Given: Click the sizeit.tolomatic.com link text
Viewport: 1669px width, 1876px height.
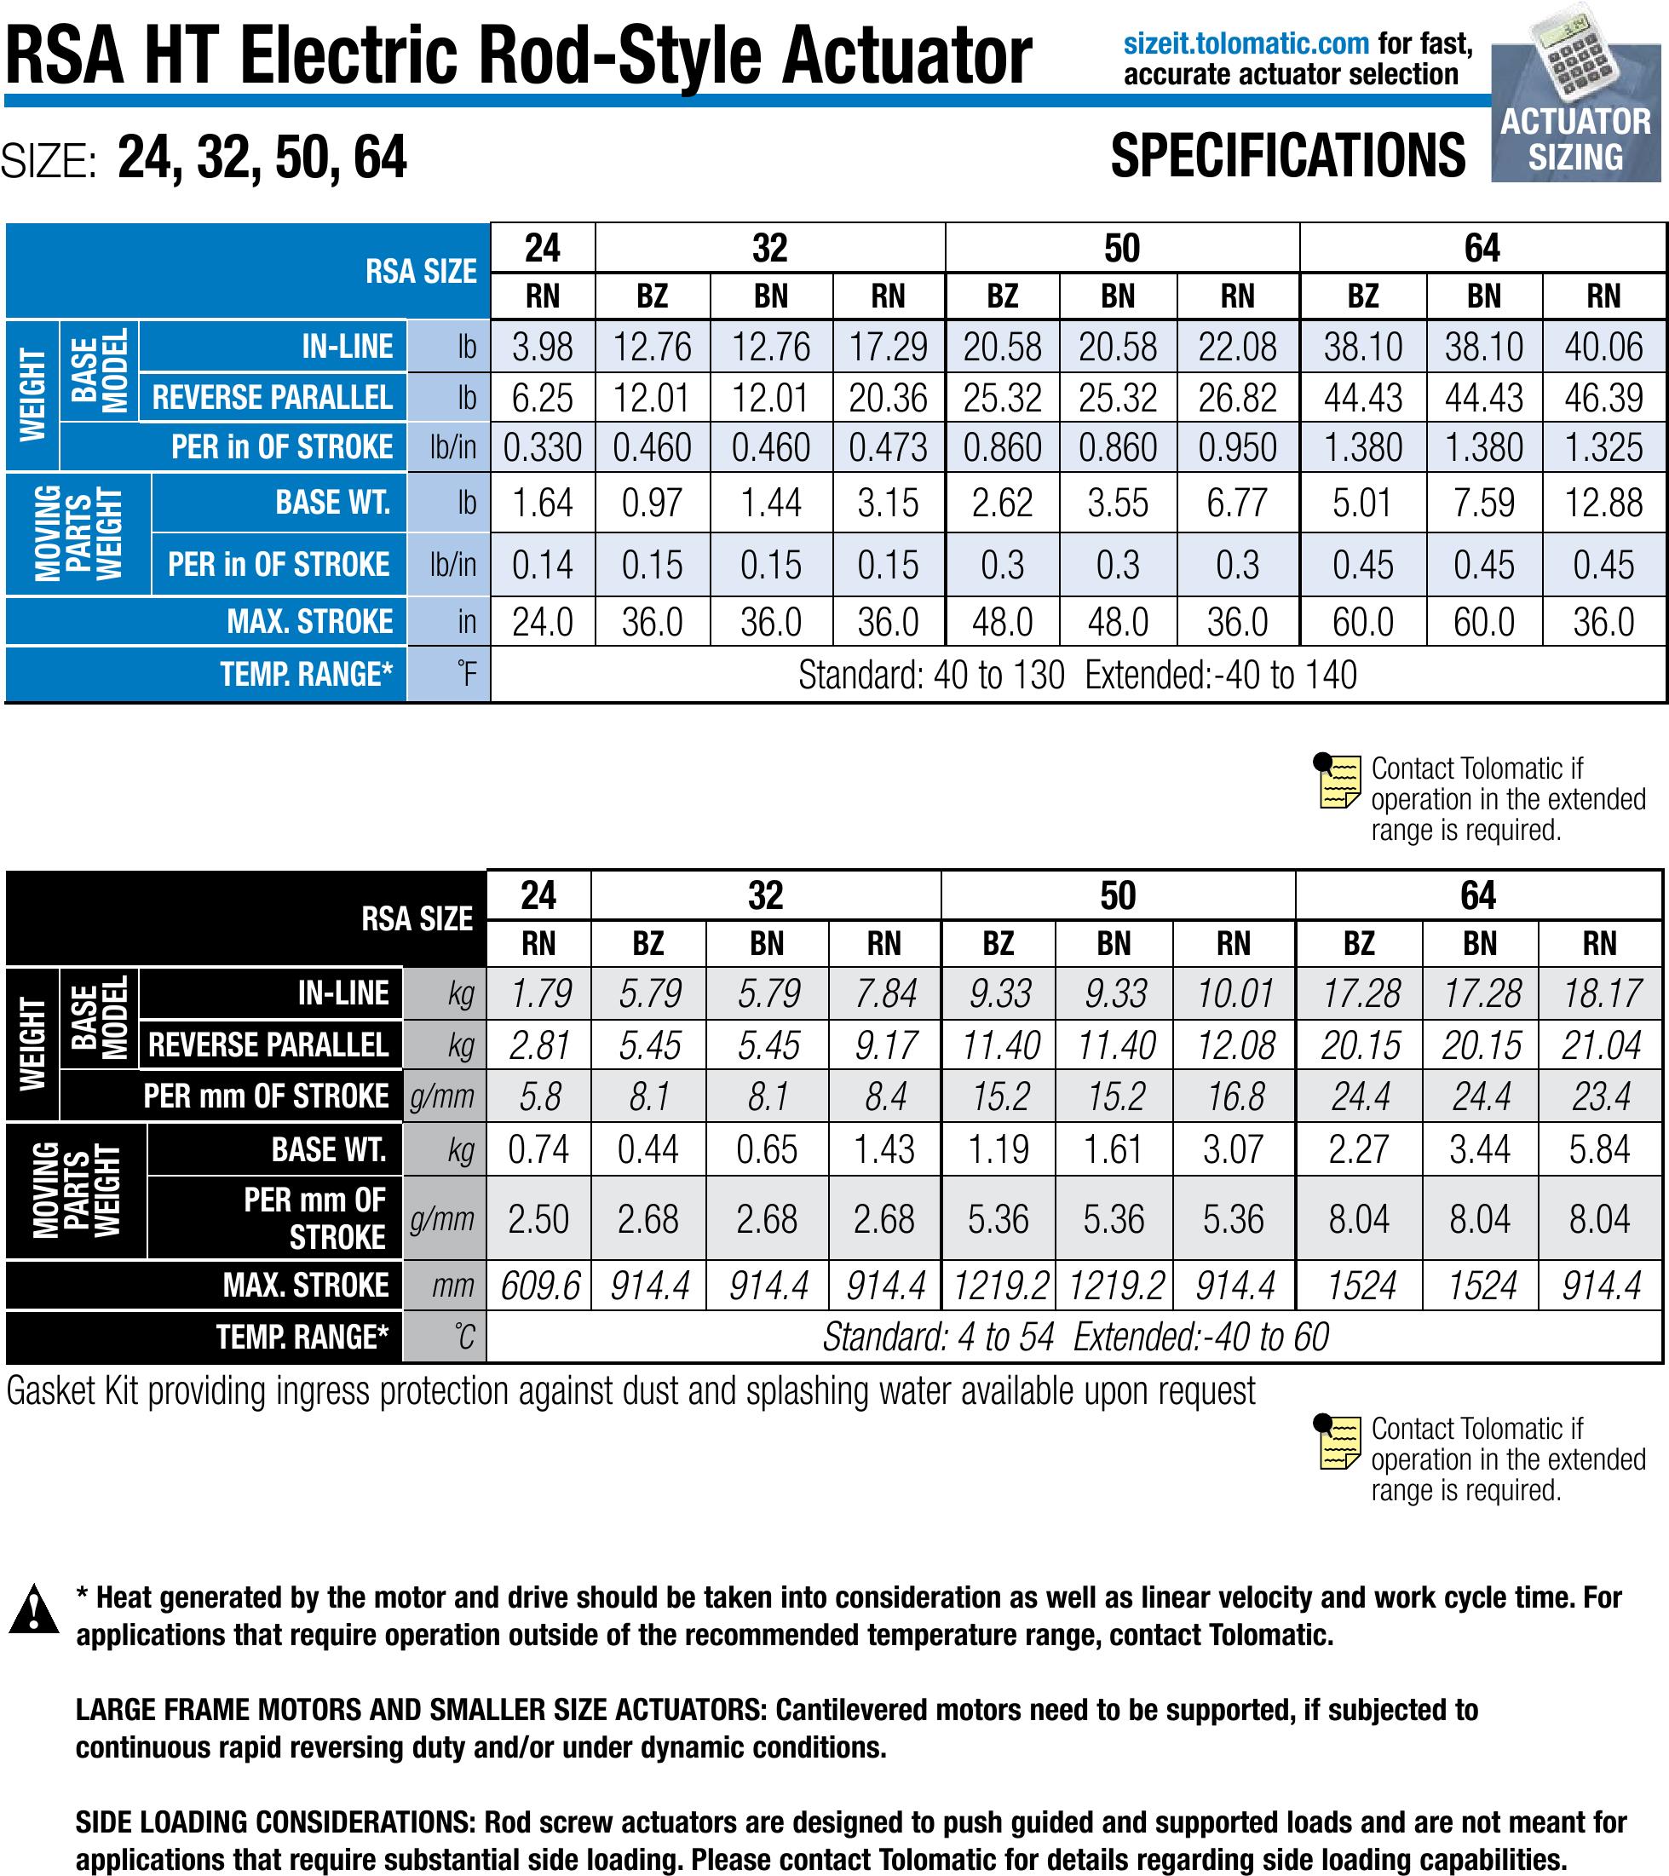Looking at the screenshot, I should (1246, 43).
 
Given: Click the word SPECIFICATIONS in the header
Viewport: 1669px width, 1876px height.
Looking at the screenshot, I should (1287, 156).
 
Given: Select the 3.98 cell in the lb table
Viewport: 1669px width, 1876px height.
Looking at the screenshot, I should (543, 348).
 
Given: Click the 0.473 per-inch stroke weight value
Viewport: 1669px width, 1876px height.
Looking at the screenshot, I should (888, 448).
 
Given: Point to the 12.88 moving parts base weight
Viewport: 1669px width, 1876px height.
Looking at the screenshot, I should (1603, 503).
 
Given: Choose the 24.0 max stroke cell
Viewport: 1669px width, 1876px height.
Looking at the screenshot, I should (543, 622).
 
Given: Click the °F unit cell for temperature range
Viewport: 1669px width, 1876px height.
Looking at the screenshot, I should (466, 675).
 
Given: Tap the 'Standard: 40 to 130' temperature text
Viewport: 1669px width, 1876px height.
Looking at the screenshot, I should (931, 676).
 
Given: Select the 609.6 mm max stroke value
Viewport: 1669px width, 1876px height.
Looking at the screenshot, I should (540, 1286).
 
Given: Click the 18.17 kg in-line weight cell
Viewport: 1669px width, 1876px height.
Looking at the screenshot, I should (1600, 994).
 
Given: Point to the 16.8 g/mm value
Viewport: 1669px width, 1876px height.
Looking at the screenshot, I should (1234, 1096).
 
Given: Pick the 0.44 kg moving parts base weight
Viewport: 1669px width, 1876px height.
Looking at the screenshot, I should (648, 1149).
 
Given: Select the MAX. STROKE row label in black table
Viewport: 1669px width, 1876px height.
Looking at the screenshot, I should (306, 1285).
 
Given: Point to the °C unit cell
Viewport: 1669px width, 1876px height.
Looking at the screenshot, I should (463, 1338).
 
